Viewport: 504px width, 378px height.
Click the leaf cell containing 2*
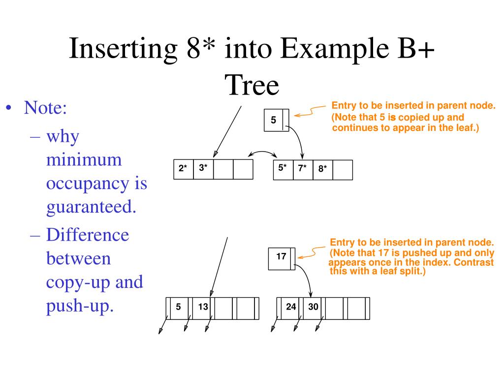(184, 169)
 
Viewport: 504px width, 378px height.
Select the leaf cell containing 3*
(203, 169)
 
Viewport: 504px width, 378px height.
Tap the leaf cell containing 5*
(283, 169)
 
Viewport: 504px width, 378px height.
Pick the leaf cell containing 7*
(303, 169)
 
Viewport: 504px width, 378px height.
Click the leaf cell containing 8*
(323, 169)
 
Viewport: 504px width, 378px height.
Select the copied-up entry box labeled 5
(274, 120)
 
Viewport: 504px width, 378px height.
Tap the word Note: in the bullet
(46, 108)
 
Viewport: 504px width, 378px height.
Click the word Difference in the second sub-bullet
(88, 234)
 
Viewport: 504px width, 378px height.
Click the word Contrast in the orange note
(473, 262)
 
